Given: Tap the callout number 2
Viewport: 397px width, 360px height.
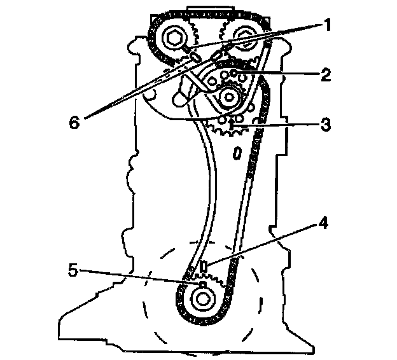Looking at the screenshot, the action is (325, 74).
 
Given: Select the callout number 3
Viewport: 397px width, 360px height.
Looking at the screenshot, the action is (325, 125).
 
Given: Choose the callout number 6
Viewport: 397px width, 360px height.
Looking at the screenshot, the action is (75, 121).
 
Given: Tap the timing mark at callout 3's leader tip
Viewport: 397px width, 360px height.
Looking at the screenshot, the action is (233, 127).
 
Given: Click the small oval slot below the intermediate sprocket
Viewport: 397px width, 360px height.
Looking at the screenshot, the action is (237, 153).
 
